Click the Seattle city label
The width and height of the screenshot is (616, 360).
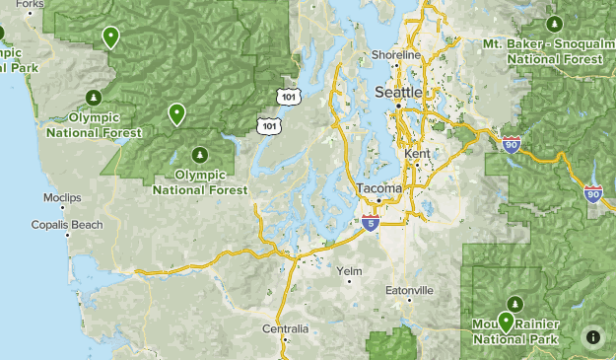tap(398, 92)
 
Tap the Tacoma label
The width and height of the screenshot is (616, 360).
tap(378, 187)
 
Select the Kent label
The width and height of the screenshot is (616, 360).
tap(417, 155)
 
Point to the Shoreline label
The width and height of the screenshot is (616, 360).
tap(395, 55)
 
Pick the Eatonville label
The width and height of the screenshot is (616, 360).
tap(409, 290)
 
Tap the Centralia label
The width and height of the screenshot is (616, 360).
tap(286, 328)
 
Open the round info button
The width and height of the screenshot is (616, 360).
tap(593, 337)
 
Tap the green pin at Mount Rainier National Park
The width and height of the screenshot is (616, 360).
tap(506, 322)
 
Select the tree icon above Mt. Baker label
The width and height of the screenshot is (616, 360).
tap(552, 23)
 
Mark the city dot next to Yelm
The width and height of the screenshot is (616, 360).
tap(349, 281)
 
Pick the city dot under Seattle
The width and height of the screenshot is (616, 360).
tap(398, 104)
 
